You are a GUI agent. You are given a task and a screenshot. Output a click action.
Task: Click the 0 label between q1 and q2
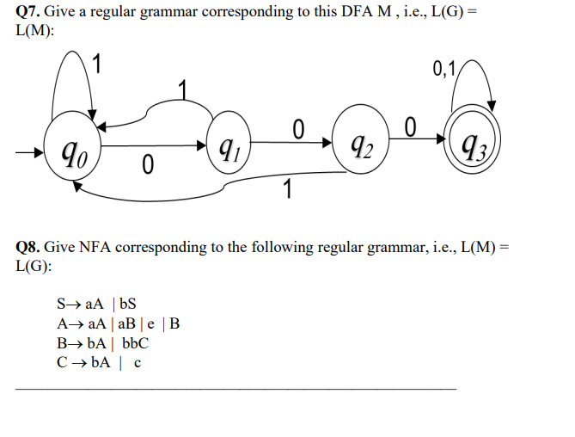pos(298,129)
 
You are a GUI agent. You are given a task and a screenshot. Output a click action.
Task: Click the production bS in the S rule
pos(128,304)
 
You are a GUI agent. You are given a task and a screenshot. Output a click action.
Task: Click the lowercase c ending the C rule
pos(138,363)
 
